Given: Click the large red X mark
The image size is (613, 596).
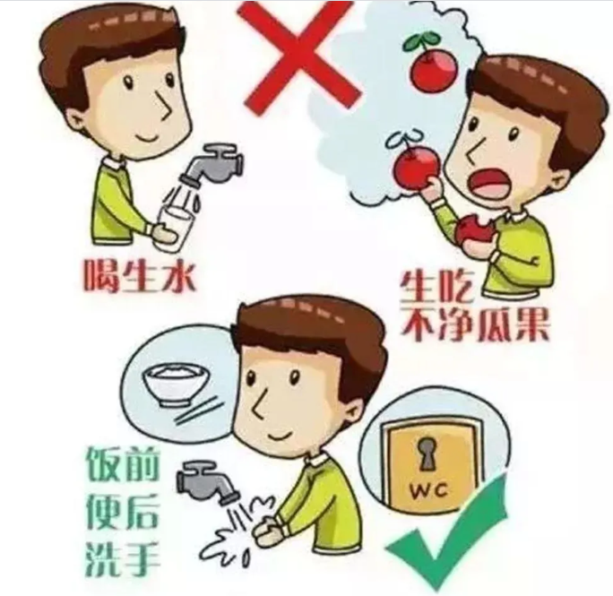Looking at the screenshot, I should (x=299, y=56).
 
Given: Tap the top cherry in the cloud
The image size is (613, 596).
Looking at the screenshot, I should (x=428, y=67).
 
